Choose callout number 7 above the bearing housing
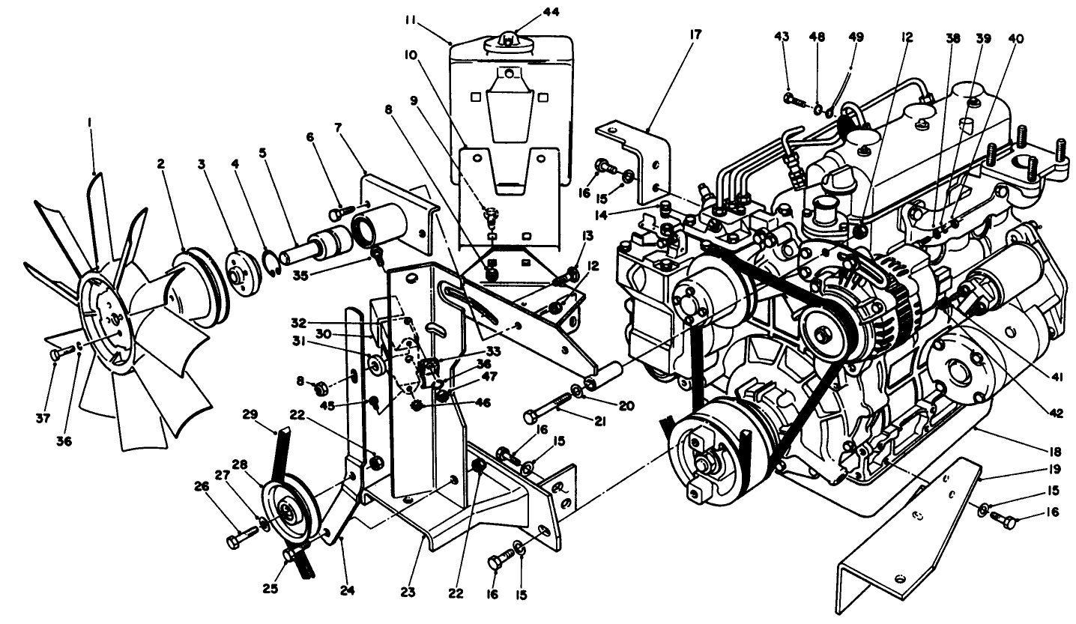338,129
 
